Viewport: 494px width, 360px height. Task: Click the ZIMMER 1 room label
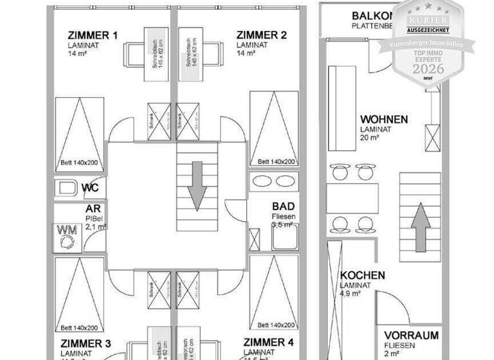pos(93,36)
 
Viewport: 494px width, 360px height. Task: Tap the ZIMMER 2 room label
pos(261,35)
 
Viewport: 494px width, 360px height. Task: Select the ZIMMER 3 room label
pos(86,343)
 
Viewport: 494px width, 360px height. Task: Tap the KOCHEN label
pos(363,276)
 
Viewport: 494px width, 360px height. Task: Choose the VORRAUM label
pos(412,336)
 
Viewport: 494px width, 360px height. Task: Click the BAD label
pos(283,206)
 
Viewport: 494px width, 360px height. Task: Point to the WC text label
pos(90,188)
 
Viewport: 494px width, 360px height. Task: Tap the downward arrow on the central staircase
pos(197,178)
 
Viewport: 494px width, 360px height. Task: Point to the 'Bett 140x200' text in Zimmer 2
pos(277,163)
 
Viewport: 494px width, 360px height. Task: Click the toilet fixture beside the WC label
pos(66,188)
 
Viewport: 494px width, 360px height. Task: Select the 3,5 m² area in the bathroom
pos(282,226)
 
